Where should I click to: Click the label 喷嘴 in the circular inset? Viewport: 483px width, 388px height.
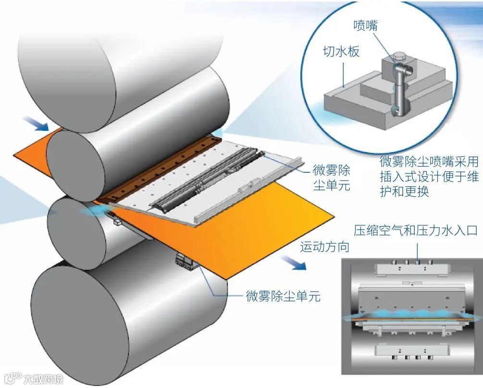click(x=365, y=25)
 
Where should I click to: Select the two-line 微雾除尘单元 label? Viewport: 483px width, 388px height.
click(x=332, y=177)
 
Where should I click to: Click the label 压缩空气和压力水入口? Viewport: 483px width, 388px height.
click(x=416, y=230)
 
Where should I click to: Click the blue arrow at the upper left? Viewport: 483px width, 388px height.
click(x=38, y=125)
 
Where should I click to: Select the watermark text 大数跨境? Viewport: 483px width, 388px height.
click(x=43, y=380)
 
